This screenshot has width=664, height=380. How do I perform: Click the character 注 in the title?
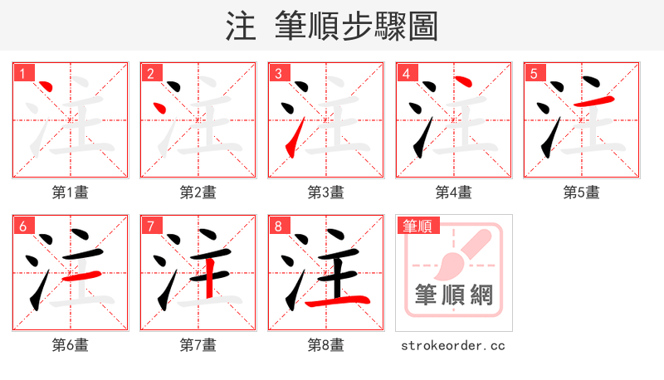coord(241,27)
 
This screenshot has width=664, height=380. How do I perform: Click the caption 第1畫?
coord(71,192)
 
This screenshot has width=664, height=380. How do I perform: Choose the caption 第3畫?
coord(326,192)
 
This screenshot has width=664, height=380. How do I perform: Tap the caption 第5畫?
coord(582,192)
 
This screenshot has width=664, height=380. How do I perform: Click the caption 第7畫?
coord(198,344)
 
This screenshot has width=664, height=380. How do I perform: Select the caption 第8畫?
coord(326,344)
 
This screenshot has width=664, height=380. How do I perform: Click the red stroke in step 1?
coord(46,87)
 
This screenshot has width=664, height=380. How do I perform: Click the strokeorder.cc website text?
coord(453,345)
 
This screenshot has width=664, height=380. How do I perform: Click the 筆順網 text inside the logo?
coord(453,295)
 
